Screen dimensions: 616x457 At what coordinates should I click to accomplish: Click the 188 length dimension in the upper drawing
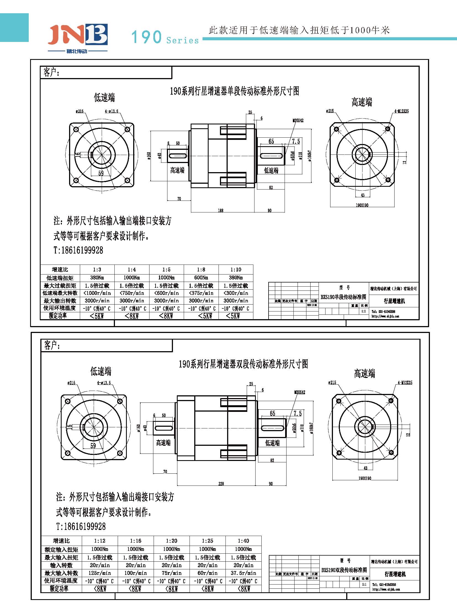coord(220,210)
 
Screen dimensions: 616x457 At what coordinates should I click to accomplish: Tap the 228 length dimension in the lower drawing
coord(221,484)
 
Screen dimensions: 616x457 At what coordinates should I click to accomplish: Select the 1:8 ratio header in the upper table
coord(201,269)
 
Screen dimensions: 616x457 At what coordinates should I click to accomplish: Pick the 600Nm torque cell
coord(201,277)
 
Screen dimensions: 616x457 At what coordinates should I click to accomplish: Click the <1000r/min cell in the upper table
coord(97,293)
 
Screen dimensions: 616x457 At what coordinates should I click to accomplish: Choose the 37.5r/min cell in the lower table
coord(243,573)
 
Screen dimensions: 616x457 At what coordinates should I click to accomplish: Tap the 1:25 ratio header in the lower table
coord(208,541)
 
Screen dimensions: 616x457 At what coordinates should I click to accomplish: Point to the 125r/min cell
coord(99,573)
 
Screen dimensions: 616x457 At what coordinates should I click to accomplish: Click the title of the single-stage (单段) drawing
coord(234,91)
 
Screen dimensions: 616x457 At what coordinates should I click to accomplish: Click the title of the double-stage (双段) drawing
coord(243,364)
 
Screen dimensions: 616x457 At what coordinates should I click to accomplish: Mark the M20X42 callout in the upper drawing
coord(298,121)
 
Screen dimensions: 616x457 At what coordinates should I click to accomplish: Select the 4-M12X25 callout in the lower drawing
coord(405,383)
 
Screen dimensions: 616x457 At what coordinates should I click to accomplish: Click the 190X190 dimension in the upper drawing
coord(362,205)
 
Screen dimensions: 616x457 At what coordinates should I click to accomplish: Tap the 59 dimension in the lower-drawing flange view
coord(93,445)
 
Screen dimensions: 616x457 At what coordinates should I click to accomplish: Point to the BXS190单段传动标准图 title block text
coord(343,297)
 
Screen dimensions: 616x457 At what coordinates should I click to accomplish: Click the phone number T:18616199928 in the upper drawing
coord(78,250)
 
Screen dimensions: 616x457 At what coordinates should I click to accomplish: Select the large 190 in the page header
coord(146,37)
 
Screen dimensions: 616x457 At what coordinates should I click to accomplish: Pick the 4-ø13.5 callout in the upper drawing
coord(111,111)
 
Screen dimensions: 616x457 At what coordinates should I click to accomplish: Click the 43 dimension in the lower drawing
coord(366,468)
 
